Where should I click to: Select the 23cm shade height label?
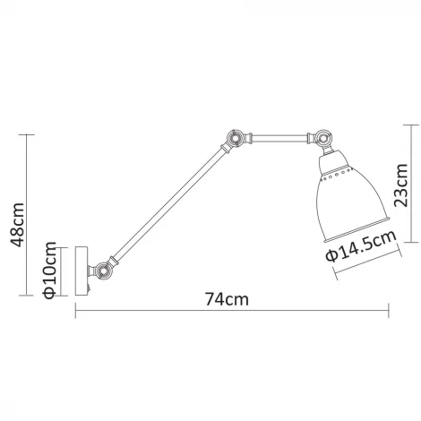(400, 189)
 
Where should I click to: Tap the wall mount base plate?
(81, 271)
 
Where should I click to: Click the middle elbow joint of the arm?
(234, 138)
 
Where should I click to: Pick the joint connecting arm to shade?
(320, 139)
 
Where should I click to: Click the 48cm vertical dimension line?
(31, 215)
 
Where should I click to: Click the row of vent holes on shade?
(338, 171)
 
